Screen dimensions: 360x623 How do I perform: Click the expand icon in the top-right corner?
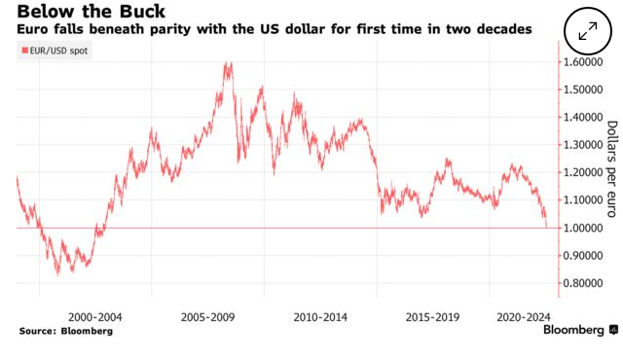click(587, 29)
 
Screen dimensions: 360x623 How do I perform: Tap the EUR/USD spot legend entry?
click(55, 50)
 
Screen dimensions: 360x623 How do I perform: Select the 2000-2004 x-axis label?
click(95, 316)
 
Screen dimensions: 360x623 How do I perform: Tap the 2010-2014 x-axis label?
click(321, 316)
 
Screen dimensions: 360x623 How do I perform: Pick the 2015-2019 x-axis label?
click(433, 316)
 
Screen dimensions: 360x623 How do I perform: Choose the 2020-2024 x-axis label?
click(524, 316)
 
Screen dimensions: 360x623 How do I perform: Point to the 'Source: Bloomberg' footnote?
click(65, 332)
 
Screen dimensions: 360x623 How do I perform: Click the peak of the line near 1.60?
click(229, 64)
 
